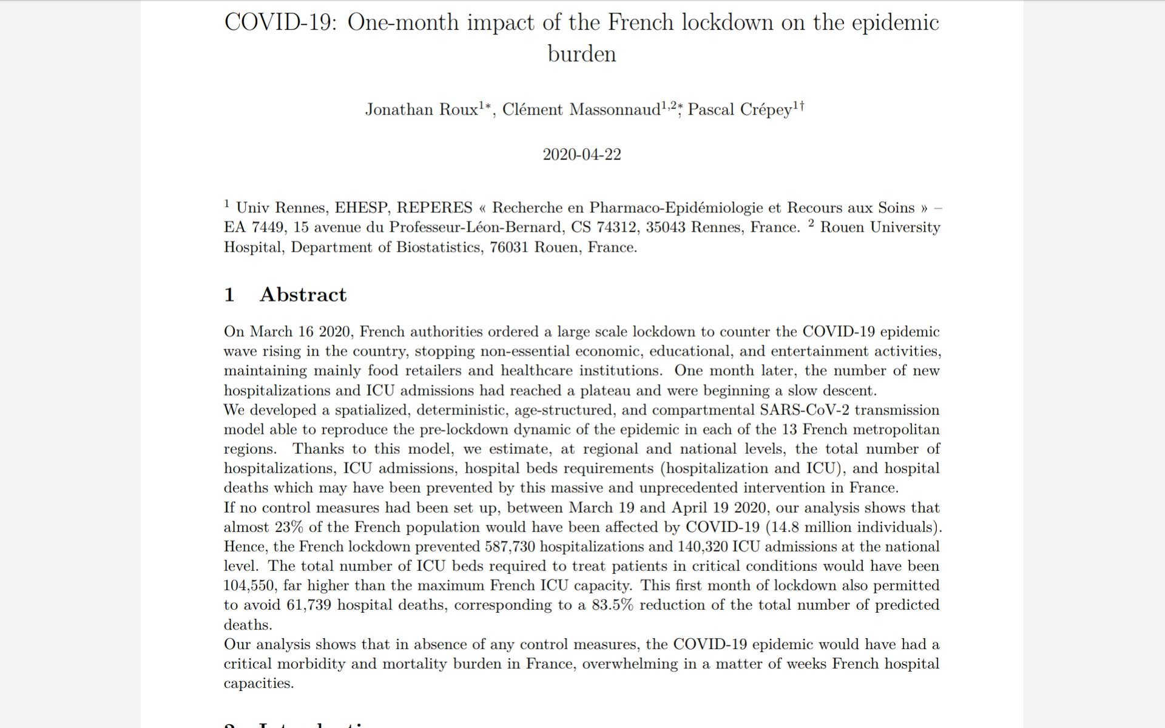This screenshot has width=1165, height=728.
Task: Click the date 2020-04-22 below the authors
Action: coord(581,154)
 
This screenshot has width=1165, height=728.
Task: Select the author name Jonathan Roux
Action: coord(421,110)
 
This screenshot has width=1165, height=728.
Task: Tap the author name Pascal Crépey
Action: coord(740,110)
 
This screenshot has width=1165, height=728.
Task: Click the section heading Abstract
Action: coord(303,295)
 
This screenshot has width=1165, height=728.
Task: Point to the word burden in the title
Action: coord(581,53)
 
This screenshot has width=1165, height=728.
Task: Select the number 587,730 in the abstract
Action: coord(510,547)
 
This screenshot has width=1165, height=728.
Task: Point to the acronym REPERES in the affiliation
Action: coord(434,208)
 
